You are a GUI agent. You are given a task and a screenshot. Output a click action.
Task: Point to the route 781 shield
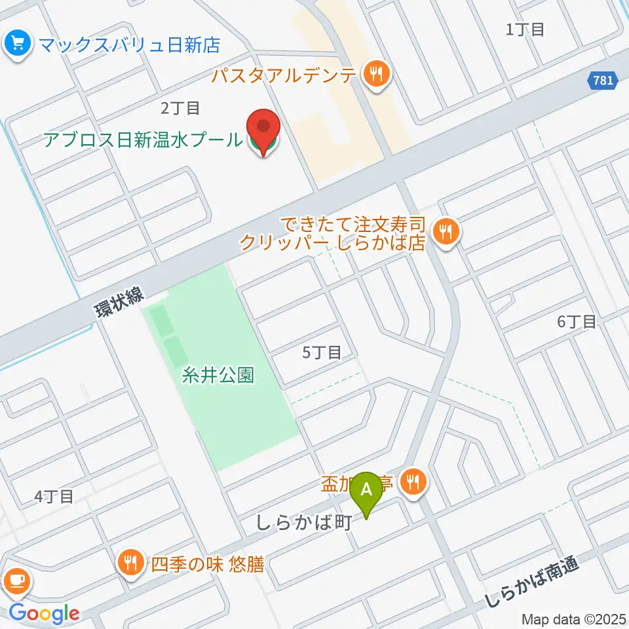[x=600, y=81]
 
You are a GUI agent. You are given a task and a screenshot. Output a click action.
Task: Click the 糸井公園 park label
[x=218, y=376]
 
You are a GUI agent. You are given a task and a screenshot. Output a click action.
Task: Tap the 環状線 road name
[x=119, y=303]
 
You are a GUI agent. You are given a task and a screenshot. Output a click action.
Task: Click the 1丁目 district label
[x=525, y=29]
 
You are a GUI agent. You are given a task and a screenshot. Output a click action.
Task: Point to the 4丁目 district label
[x=54, y=497]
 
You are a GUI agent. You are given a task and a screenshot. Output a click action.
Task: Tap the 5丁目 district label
[x=322, y=353]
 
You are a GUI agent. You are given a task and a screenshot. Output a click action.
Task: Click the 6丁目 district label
[x=577, y=322]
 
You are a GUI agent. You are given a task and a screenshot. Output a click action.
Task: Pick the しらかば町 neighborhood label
[x=305, y=523]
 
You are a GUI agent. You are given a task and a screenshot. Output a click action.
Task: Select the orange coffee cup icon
[x=16, y=581]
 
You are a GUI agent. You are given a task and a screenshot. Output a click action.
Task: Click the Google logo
[x=44, y=614]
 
